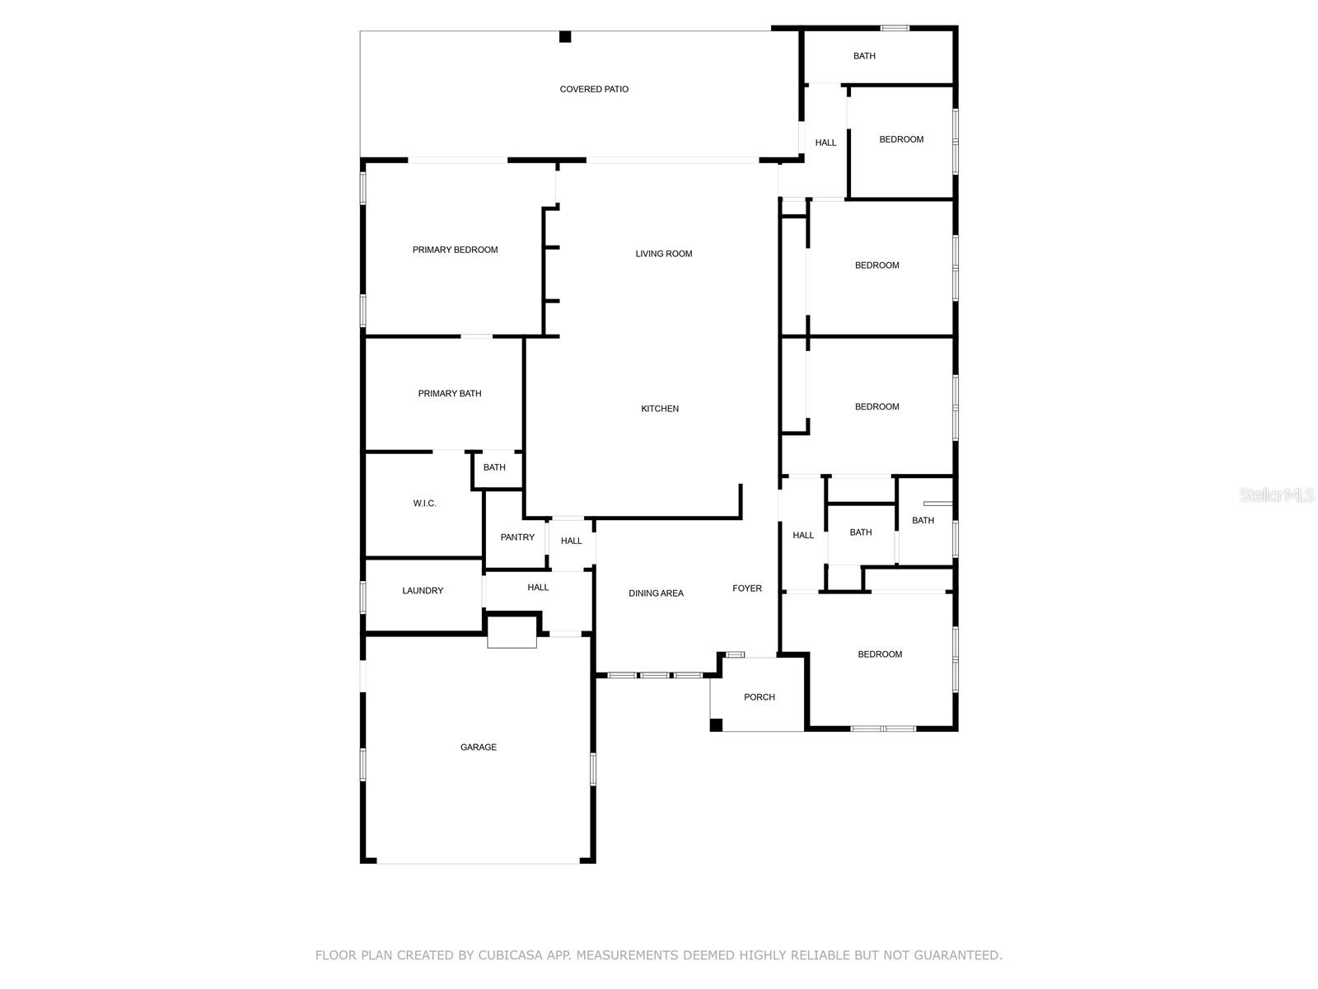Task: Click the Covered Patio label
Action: coord(594,89)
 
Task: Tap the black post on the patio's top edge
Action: coord(565,36)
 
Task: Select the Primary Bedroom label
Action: coord(455,250)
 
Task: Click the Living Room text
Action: coord(663,254)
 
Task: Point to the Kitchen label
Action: coord(660,409)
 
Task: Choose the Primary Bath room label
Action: coord(450,394)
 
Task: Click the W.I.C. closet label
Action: coord(425,504)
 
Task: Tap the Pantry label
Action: coord(517,537)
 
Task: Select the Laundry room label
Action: coord(423,591)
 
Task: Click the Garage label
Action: coord(479,748)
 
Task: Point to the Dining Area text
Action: coord(656,593)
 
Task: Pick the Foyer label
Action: coord(747,588)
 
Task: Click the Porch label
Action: coord(759,697)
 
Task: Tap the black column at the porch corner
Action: coord(717,724)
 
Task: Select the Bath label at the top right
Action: coord(864,56)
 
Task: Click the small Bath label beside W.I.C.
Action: coord(494,467)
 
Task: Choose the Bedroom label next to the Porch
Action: coord(880,654)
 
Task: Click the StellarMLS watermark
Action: coord(1277,495)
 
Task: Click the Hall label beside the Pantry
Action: coord(571,541)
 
